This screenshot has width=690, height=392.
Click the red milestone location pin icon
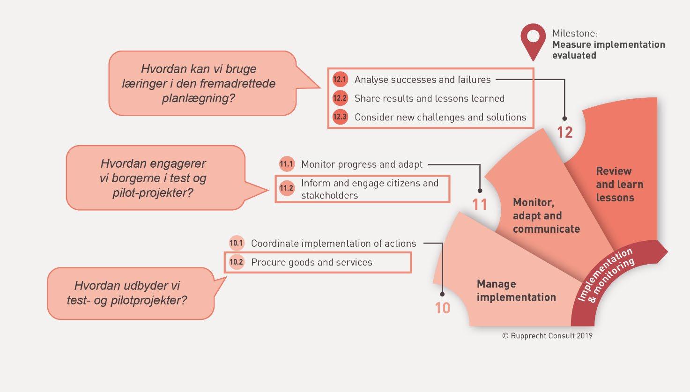click(533, 40)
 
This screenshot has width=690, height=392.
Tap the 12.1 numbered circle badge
click(340, 79)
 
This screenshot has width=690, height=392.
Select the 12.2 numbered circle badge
click(340, 98)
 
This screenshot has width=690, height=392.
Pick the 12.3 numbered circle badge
click(340, 117)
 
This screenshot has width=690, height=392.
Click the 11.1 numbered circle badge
click(286, 164)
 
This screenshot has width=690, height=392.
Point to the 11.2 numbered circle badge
click(286, 189)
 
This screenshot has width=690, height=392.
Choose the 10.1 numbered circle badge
click(236, 243)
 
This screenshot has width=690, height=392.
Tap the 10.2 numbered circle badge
click(236, 262)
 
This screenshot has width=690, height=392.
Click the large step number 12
click(565, 133)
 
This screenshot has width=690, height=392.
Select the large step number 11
click(480, 205)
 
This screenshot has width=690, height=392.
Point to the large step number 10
click(442, 308)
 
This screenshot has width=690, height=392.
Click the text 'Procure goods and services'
click(312, 262)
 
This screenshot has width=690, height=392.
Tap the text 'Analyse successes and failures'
click(423, 80)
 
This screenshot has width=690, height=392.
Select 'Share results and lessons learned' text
click(430, 98)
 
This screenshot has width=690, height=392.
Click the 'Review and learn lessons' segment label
click(619, 184)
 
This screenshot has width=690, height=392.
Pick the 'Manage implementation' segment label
click(516, 290)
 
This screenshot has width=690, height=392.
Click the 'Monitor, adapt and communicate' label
click(546, 215)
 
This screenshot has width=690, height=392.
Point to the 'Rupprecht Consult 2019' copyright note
click(547, 336)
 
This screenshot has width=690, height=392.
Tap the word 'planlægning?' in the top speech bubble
click(199, 98)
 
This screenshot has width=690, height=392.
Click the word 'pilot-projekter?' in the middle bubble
click(153, 192)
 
